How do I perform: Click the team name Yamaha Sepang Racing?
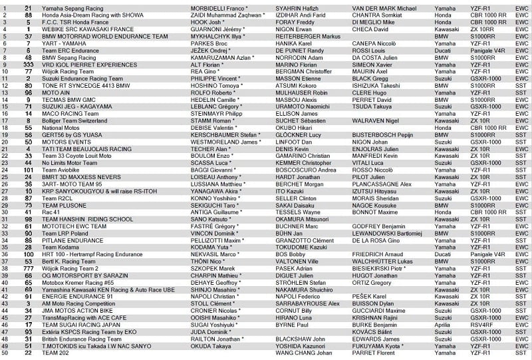[x=67, y=7]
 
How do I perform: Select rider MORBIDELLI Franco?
[x=219, y=7]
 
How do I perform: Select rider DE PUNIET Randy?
[x=297, y=50]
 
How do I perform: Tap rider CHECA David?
[x=368, y=29]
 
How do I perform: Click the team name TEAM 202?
[x=55, y=353]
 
